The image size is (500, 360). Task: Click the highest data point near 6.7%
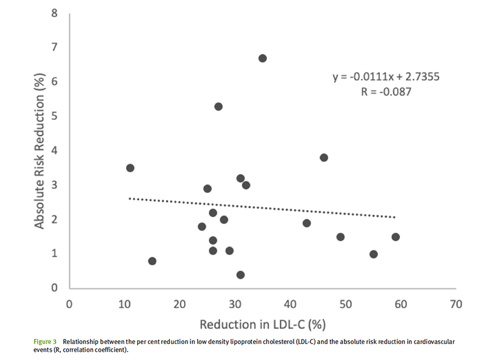262,58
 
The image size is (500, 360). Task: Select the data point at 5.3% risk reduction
218,106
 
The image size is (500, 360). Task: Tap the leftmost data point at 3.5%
130,168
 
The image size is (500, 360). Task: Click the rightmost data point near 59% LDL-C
395,237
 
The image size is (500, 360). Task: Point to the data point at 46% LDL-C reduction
324,158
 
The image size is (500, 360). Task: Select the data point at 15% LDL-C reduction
152,261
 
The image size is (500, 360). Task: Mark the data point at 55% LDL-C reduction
373,254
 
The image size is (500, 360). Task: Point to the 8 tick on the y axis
55,12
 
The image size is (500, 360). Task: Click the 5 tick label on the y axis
55,116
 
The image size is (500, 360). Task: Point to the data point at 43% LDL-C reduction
306,223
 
